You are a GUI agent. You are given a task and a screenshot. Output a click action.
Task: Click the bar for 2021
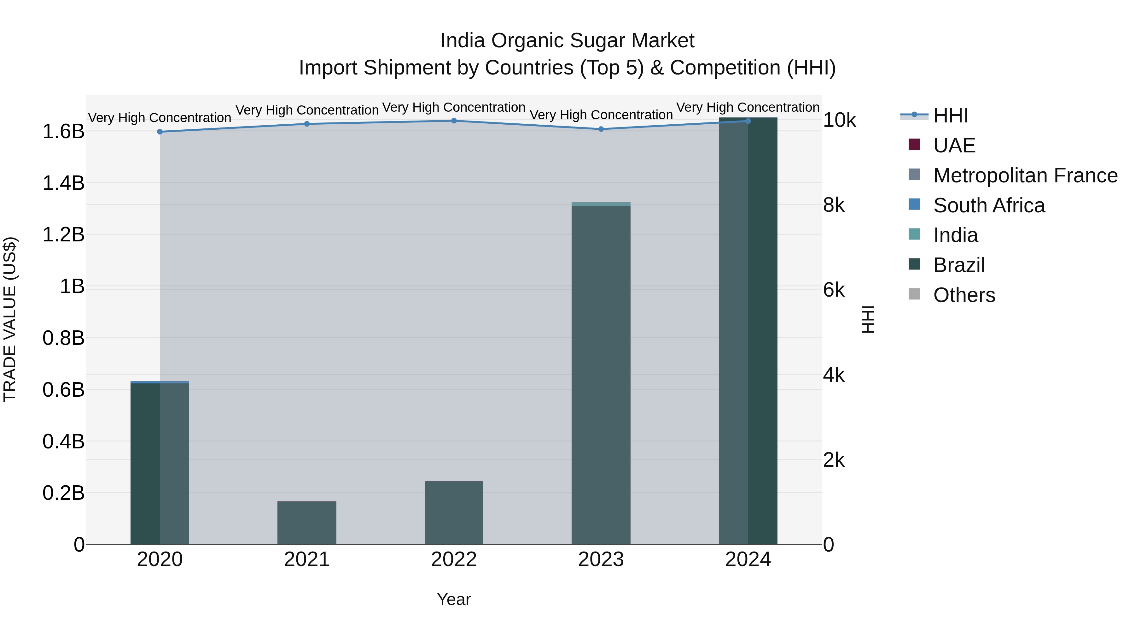pyautogui.click(x=307, y=523)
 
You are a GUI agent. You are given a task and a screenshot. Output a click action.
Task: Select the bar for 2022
pyautogui.click(x=454, y=512)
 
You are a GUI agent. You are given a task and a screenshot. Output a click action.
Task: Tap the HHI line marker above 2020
pyautogui.click(x=160, y=132)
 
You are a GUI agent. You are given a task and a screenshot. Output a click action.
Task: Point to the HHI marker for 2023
pyautogui.click(x=601, y=129)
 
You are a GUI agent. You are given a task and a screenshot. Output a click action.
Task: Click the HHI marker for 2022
pyautogui.click(x=454, y=121)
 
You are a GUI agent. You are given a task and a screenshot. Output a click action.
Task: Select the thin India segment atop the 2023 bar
pyautogui.click(x=601, y=204)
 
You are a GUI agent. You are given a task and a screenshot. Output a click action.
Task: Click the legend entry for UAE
pyautogui.click(x=954, y=145)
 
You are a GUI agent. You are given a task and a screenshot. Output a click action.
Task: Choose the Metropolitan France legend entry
pyautogui.click(x=1025, y=175)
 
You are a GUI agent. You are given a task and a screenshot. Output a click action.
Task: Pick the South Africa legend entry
pyautogui.click(x=989, y=205)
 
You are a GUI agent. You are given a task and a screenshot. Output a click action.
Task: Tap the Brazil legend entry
pyautogui.click(x=959, y=265)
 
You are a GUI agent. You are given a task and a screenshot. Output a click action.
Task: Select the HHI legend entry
pyautogui.click(x=950, y=115)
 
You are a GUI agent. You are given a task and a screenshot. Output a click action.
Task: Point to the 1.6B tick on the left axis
pyautogui.click(x=63, y=131)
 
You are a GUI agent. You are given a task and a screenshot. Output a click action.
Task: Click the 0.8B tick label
pyautogui.click(x=63, y=338)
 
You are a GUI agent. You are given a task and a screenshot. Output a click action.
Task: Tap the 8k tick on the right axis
pyautogui.click(x=834, y=205)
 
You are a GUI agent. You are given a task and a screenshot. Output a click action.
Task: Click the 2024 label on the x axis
pyautogui.click(x=748, y=559)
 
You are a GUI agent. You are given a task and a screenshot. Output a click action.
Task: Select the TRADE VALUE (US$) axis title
pyautogui.click(x=10, y=319)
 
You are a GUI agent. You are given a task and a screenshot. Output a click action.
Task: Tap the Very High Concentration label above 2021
pyautogui.click(x=307, y=110)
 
